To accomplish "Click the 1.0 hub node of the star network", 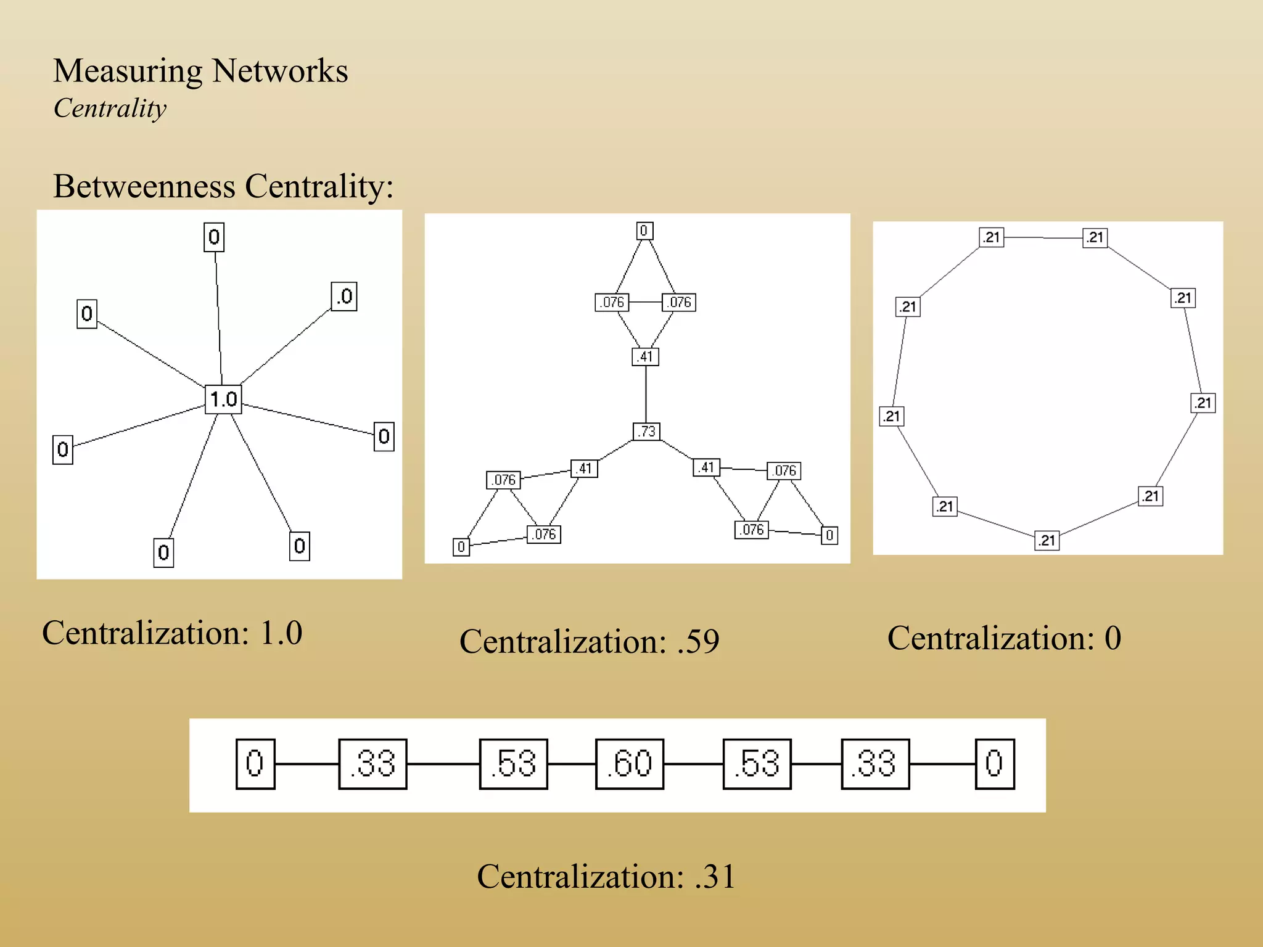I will point(223,399).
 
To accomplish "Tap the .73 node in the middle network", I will point(646,432).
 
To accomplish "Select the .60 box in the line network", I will point(630,764).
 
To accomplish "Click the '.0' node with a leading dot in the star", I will point(344,297).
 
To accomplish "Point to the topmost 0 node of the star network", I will point(214,237).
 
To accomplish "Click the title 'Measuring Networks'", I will point(200,70).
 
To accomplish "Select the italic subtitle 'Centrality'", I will point(110,109).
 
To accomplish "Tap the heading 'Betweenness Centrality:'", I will point(223,186).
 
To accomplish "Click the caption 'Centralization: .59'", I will point(589,641).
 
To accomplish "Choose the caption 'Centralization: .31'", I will point(606,876).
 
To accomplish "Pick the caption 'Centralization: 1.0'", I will point(172,633).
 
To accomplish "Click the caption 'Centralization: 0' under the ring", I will point(1004,638).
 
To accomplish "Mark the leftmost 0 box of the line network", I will point(255,764).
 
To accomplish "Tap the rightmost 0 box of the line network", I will point(994,764).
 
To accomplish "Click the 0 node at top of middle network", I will point(644,231).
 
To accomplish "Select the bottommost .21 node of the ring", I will point(1047,541).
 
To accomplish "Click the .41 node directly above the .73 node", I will point(645,356).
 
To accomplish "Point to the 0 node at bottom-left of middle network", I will point(461,547).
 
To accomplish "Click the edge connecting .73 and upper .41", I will point(646,395).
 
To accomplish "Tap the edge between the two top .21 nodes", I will point(1043,237).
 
